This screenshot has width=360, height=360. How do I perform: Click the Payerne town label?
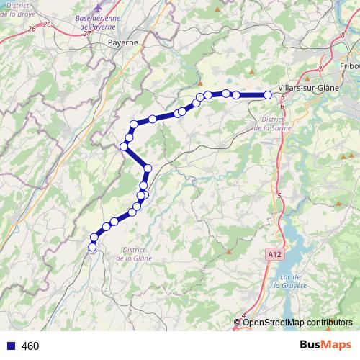[x=122, y=42]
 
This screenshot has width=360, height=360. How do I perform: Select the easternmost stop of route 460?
[x=267, y=95]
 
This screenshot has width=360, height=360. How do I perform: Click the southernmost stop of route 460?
[x=92, y=248]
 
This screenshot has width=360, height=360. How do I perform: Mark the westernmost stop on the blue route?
[x=92, y=248]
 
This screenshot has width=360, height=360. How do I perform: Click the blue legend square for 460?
[x=10, y=346]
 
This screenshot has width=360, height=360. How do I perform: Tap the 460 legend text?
[x=30, y=346]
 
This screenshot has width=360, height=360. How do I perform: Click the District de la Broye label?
[x=19, y=9]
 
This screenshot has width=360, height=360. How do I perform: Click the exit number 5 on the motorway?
[x=279, y=195]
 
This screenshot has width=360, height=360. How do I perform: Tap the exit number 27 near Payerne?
[x=86, y=33]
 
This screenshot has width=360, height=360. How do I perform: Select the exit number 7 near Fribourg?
[x=319, y=69]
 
